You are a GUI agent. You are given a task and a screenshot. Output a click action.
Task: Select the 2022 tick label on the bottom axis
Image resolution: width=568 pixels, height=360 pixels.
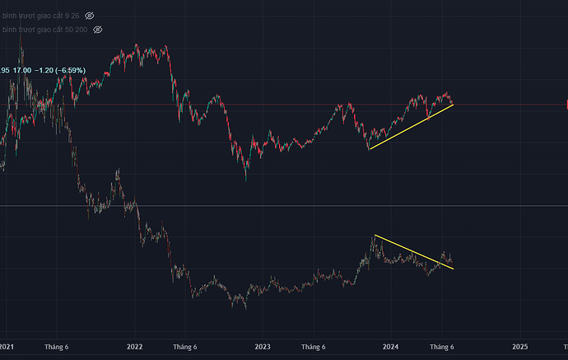click(135, 348)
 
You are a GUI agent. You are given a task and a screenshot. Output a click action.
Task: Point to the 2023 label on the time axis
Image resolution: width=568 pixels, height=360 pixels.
click(263, 348)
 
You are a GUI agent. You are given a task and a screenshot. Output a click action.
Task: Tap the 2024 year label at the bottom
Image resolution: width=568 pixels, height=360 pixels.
click(392, 348)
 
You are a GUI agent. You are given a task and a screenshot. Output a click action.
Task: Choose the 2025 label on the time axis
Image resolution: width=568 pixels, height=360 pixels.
click(520, 348)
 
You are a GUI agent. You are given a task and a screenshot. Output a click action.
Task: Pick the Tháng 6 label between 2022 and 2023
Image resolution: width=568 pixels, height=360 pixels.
click(186, 348)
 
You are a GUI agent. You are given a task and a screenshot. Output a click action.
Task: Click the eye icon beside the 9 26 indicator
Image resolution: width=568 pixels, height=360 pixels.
click(90, 16)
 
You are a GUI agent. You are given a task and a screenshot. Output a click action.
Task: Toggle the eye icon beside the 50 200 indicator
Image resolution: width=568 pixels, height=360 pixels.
click(97, 30)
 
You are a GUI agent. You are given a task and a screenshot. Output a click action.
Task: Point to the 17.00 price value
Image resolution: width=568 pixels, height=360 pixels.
click(23, 71)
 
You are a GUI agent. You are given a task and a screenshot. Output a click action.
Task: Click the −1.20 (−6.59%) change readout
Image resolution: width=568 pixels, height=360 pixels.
click(61, 71)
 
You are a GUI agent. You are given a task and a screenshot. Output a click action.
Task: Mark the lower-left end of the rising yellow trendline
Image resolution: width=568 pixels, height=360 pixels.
click(369, 149)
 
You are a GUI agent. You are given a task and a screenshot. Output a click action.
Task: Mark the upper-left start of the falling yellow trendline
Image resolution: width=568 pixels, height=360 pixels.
click(375, 236)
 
